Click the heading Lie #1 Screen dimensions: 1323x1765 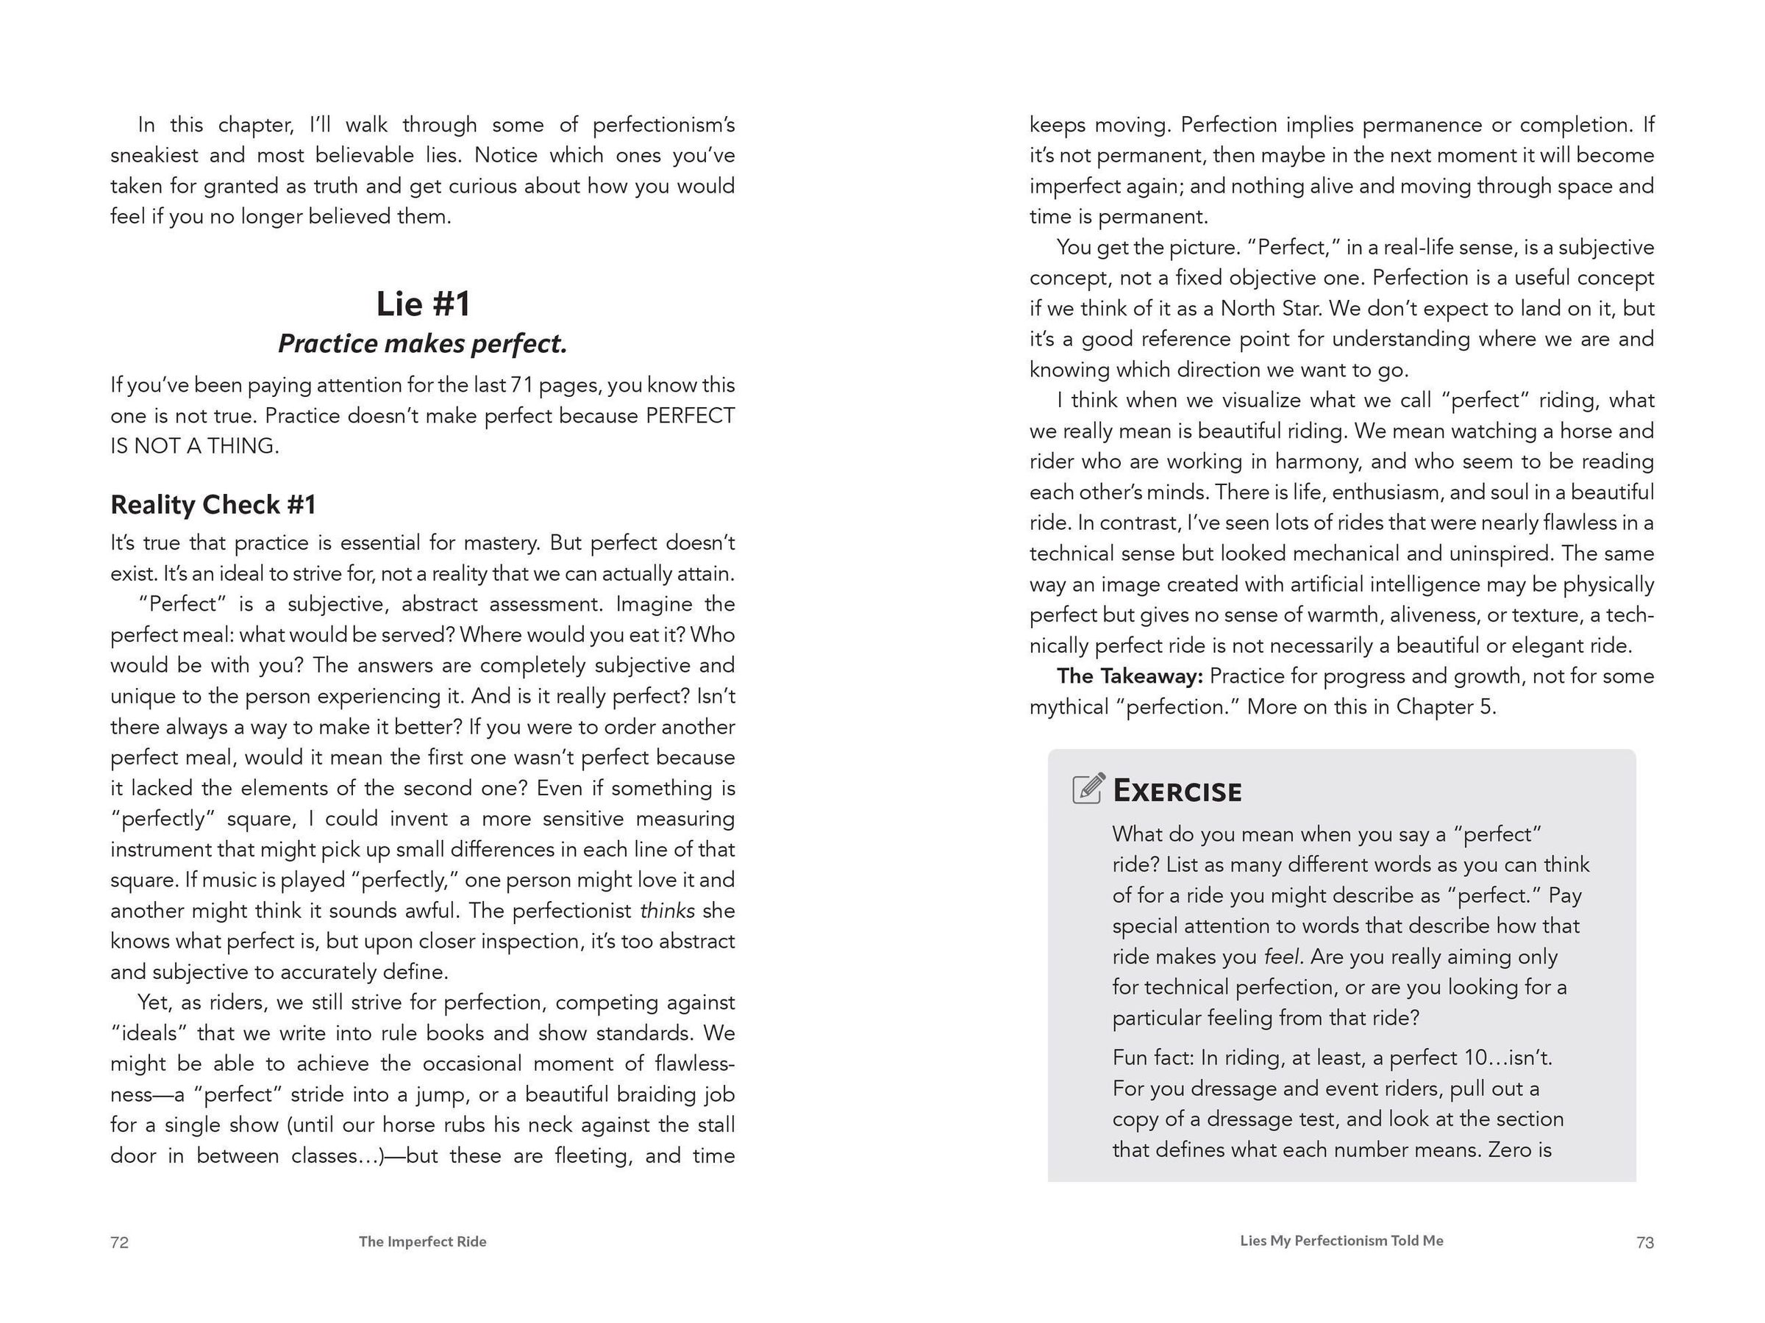(423, 304)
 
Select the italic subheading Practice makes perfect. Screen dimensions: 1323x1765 (422, 344)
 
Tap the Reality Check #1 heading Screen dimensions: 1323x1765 (213, 505)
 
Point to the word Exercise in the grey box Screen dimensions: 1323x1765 (1177, 790)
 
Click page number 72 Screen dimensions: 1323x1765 (120, 1241)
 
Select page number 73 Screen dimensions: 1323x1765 (1644, 1241)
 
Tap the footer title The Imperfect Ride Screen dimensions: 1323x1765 (422, 1241)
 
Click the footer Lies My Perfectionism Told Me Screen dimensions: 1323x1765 (1341, 1240)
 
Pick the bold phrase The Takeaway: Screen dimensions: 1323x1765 (1129, 676)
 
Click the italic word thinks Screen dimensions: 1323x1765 (667, 911)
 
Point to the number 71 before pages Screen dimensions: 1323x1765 (521, 385)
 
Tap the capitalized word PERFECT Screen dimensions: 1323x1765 (691, 416)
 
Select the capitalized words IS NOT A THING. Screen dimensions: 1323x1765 (195, 447)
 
